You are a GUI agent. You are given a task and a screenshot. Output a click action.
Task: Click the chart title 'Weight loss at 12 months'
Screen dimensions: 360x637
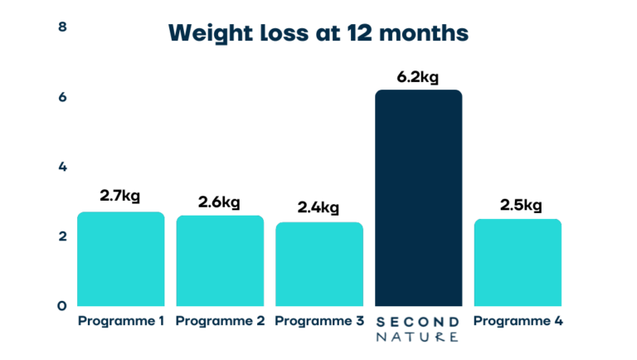click(318, 33)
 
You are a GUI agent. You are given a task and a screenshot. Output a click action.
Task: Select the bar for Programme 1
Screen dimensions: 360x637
click(120, 259)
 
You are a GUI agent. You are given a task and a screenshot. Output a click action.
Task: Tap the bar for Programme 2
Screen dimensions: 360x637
click(220, 260)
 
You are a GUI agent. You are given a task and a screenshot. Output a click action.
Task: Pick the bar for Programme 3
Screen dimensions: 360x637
click(319, 264)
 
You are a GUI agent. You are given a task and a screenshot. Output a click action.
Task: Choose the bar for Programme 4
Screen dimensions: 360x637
click(518, 262)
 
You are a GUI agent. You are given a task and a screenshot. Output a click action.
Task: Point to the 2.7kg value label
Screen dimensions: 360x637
click(120, 197)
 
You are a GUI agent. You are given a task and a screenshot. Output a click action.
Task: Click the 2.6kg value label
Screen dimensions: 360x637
click(220, 202)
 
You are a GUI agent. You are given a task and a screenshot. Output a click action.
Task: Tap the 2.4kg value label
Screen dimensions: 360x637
click(319, 207)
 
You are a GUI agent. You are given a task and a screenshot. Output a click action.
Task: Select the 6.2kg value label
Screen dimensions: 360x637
click(418, 77)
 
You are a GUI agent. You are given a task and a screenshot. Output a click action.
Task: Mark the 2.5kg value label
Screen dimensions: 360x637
click(518, 205)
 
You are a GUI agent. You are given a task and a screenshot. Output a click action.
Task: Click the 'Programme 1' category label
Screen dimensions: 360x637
click(120, 321)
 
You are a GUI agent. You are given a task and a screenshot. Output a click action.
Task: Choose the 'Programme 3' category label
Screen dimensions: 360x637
click(319, 321)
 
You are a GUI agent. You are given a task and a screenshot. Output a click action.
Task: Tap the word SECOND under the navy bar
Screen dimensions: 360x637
click(418, 321)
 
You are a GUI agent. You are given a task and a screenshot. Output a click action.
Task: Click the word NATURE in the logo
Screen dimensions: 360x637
click(418, 337)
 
